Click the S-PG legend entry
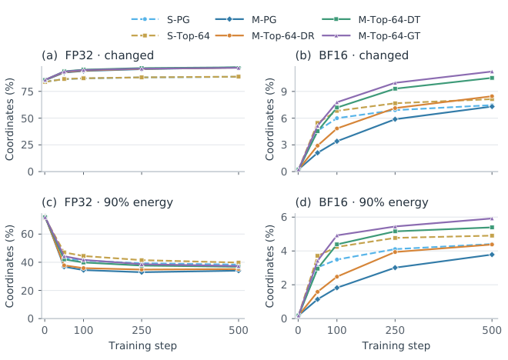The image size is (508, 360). click(x=160, y=20)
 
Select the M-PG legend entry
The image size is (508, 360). click(x=246, y=20)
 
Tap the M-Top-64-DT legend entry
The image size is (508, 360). click(x=371, y=20)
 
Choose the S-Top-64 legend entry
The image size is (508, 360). click(x=170, y=35)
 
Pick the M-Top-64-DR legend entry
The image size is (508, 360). click(x=265, y=35)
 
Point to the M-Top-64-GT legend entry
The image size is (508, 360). click(x=371, y=35)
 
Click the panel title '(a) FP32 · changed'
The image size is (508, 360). click(x=98, y=55)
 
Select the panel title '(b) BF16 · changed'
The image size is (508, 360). click(x=352, y=55)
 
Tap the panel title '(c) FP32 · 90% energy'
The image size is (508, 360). click(x=107, y=202)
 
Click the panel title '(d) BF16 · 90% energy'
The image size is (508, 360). click(x=362, y=202)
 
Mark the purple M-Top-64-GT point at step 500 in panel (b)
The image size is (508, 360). click(x=492, y=72)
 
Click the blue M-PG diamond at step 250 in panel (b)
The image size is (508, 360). click(x=395, y=119)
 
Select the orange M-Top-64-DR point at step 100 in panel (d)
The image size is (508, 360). click(x=337, y=277)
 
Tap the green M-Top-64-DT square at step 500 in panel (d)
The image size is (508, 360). click(x=492, y=227)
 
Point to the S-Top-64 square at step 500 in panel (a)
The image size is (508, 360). click(x=239, y=77)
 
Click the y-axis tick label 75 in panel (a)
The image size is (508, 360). click(x=27, y=92)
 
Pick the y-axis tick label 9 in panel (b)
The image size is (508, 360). click(x=284, y=92)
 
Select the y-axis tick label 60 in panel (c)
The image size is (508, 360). click(x=27, y=234)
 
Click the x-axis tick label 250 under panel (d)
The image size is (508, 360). click(x=395, y=331)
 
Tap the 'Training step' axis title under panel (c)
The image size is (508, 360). click(x=142, y=346)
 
